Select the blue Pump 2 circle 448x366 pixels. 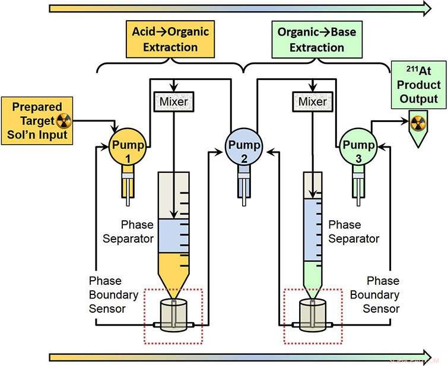243,145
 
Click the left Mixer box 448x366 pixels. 173,102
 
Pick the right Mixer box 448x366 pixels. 312,102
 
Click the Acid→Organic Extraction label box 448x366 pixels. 170,38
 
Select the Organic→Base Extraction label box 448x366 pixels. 316,38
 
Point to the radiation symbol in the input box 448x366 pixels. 64,121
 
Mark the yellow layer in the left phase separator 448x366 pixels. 173,261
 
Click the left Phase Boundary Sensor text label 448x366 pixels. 113,294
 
